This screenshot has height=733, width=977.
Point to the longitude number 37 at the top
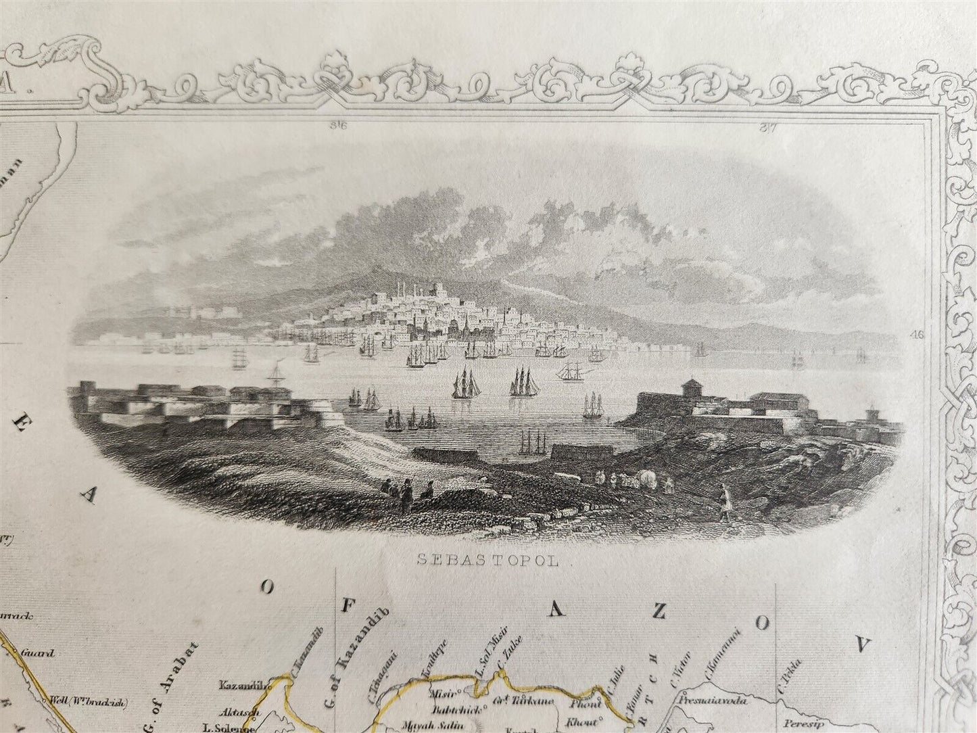coord(767,125)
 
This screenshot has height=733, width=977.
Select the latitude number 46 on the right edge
coord(917,334)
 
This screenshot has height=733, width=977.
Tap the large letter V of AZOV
coord(862,645)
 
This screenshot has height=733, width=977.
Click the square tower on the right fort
coord(691,389)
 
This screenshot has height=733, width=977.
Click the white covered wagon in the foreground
coord(646,478)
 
